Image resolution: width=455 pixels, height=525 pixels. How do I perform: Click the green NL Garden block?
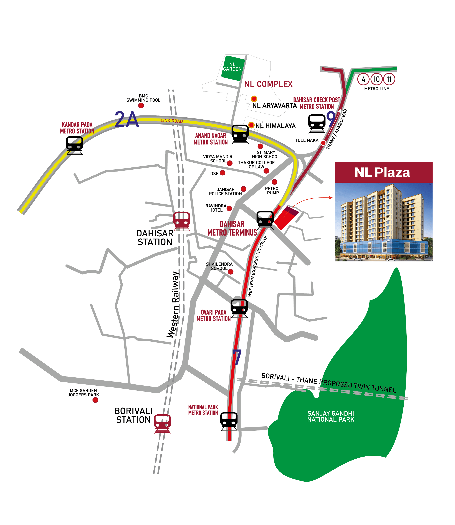point(232,68)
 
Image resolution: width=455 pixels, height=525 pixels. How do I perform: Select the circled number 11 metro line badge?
point(389,79)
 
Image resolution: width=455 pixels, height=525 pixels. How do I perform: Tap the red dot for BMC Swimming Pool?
point(141,105)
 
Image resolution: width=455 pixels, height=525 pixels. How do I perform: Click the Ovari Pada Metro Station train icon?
point(239,308)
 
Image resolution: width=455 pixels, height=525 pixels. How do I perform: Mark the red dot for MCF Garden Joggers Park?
point(95,400)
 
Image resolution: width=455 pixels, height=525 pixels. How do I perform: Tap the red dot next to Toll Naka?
point(323,143)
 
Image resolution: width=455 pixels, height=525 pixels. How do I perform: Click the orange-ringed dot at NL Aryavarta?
point(254,99)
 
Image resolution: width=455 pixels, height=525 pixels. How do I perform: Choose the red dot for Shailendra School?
point(231,272)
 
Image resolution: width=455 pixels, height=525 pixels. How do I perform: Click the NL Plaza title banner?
point(383,172)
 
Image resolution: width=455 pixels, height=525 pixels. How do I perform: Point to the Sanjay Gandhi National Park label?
point(331,416)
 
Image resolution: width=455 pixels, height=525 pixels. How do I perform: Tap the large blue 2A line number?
point(127,120)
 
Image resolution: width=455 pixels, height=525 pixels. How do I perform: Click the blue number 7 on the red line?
point(237,357)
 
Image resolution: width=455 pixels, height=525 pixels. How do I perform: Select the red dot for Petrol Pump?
point(274,182)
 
